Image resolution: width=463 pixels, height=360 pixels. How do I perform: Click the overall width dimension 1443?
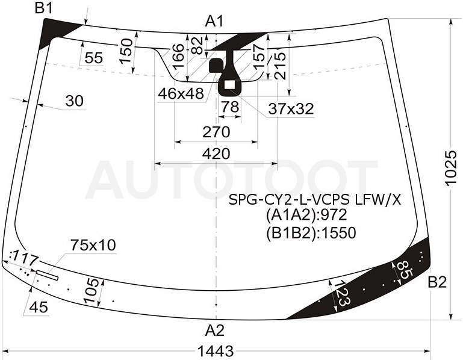click(x=216, y=352)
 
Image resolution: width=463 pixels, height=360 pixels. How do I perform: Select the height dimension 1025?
click(x=451, y=168)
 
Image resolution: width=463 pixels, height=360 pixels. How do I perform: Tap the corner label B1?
click(x=44, y=8)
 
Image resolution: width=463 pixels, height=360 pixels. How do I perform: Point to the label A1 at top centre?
click(x=215, y=21)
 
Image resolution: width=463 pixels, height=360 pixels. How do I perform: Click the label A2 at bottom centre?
click(x=215, y=330)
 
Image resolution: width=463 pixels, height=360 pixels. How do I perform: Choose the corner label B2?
click(x=437, y=282)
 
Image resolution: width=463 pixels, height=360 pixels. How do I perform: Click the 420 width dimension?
click(x=216, y=154)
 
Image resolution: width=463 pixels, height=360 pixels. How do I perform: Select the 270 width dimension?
click(x=216, y=132)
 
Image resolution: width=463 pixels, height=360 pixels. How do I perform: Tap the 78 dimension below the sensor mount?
click(x=230, y=107)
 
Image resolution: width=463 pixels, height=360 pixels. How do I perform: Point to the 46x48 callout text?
click(x=181, y=94)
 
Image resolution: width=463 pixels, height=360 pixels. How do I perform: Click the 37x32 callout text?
click(x=291, y=109)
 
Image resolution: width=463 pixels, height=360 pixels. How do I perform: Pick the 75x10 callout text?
click(x=93, y=245)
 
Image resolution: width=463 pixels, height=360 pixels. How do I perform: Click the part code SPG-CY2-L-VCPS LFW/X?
click(x=315, y=200)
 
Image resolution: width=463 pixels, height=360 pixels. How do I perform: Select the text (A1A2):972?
click(x=306, y=216)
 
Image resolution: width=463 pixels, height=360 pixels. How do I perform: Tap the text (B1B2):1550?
click(x=311, y=233)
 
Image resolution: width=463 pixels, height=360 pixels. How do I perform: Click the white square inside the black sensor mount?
click(x=229, y=85)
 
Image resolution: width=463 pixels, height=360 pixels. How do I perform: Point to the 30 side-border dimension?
click(x=75, y=101)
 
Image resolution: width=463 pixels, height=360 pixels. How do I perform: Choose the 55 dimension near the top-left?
click(x=93, y=58)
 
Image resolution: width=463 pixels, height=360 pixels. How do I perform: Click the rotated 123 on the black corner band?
click(x=343, y=294)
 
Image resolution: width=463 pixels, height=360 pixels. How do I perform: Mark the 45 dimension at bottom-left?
click(x=39, y=308)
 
